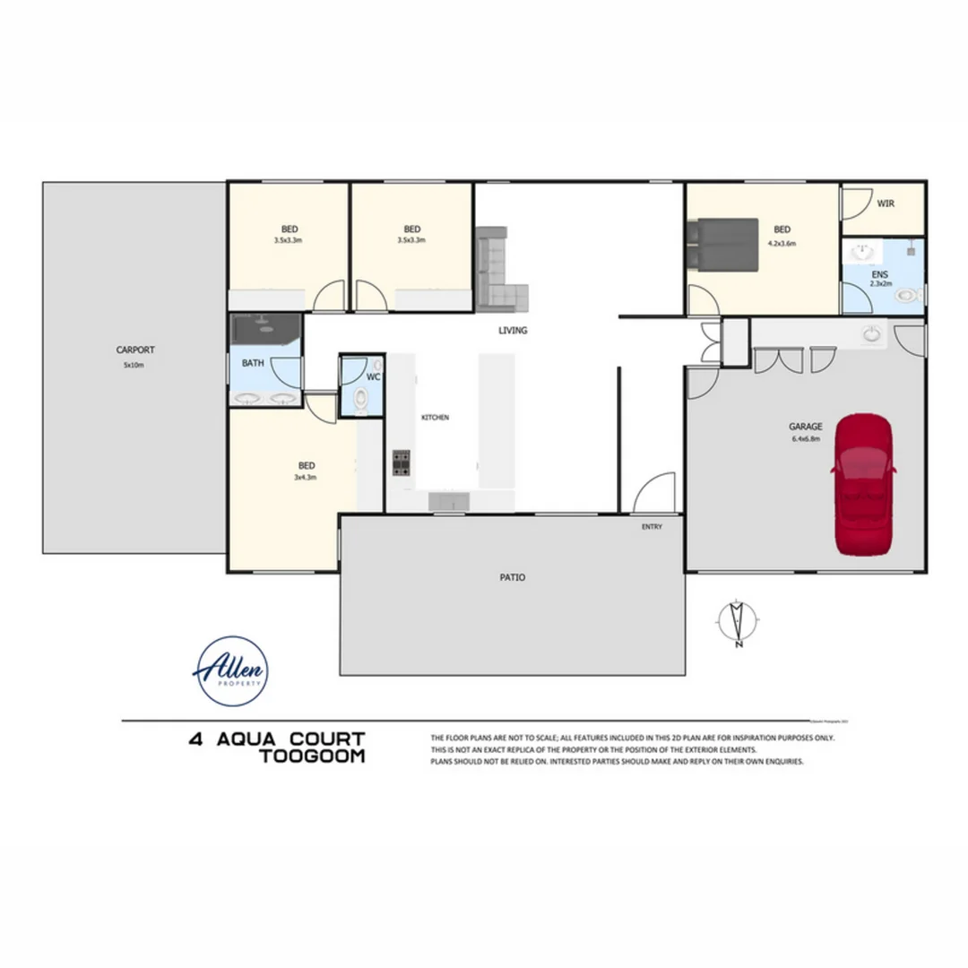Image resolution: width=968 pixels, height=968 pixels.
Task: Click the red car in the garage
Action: coord(862,484)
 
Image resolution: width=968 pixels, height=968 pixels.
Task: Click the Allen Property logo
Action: coord(230,671)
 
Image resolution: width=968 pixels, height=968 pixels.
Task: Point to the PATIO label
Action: coord(513,578)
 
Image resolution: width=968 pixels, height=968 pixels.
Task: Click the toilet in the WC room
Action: coord(360,400)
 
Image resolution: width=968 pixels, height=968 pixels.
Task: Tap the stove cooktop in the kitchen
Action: coord(401,462)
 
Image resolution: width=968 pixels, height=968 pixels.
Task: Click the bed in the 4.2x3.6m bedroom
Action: coord(722,243)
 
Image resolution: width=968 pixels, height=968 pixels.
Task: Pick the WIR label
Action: coord(885,204)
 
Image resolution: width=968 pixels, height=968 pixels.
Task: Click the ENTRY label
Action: coord(652,527)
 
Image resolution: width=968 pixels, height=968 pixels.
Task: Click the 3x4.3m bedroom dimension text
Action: coord(306,478)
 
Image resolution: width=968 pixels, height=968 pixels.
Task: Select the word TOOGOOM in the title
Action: coord(311,756)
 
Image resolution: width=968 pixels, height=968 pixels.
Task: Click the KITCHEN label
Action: coord(435,418)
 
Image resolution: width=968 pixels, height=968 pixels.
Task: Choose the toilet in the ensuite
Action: coord(909,294)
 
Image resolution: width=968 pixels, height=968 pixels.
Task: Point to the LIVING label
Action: coord(513,331)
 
